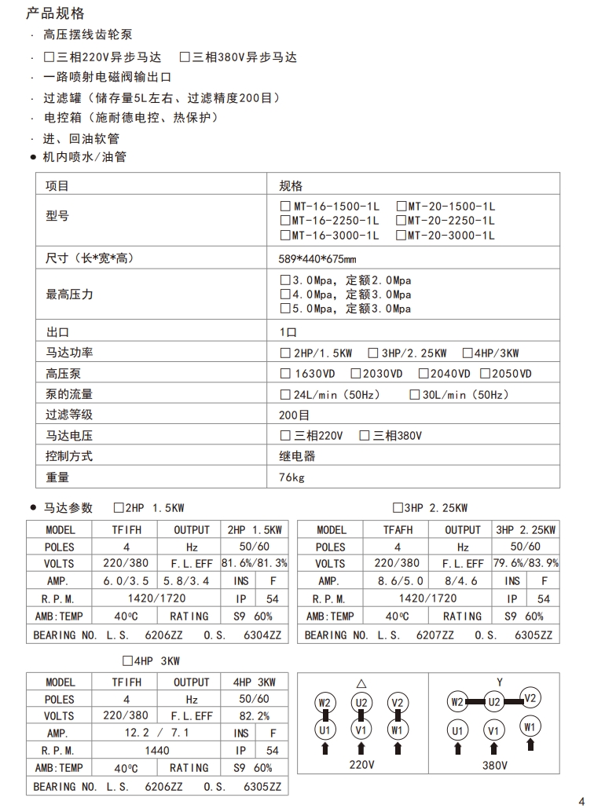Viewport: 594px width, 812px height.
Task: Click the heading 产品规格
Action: [55, 14]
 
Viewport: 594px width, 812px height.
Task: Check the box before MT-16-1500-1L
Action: [286, 207]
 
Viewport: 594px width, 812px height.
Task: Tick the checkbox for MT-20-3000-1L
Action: [401, 235]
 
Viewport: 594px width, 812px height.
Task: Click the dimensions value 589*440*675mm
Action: [318, 258]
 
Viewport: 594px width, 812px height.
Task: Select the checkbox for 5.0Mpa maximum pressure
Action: [286, 309]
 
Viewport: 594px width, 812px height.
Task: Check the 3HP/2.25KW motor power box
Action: [374, 353]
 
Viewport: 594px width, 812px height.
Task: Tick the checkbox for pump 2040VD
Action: [424, 374]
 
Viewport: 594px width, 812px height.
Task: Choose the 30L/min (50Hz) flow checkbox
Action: [415, 394]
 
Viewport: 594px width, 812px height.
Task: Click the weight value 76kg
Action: [291, 477]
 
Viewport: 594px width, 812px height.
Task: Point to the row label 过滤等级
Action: [69, 415]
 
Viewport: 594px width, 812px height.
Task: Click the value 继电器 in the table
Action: [297, 455]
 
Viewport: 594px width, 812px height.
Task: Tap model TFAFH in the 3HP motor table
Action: [398, 530]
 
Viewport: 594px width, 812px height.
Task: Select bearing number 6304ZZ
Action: [263, 635]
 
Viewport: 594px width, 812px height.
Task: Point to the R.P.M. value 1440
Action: [157, 750]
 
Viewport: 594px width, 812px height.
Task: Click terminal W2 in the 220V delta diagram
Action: [324, 702]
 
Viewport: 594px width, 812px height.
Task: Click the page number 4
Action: [581, 802]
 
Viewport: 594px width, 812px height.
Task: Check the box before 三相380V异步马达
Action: [185, 57]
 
